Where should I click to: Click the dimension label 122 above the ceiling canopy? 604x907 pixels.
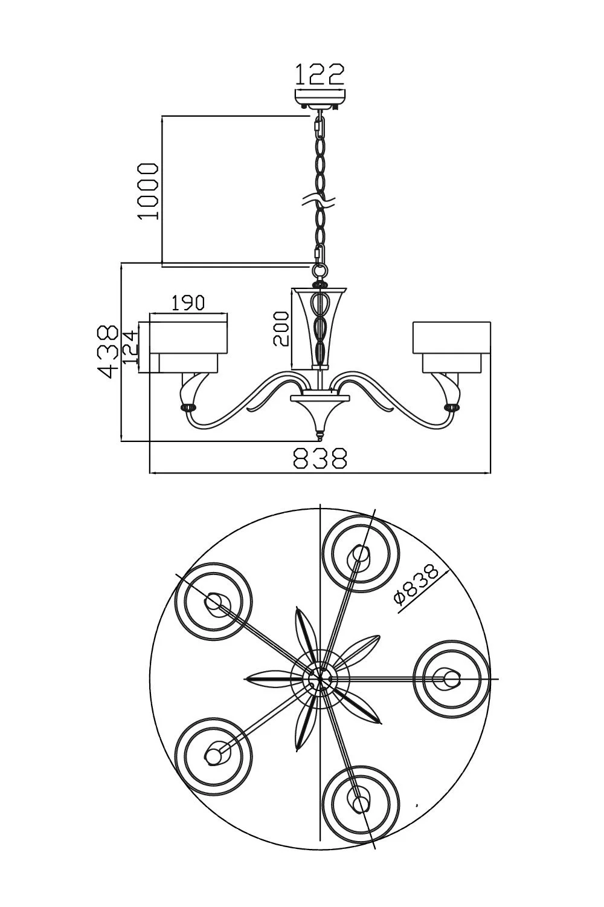pyautogui.click(x=319, y=74)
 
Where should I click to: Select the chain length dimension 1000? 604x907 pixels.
pyautogui.click(x=147, y=191)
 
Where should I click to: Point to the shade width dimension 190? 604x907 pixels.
pyautogui.click(x=188, y=303)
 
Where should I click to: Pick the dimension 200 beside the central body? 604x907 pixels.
pyautogui.click(x=281, y=328)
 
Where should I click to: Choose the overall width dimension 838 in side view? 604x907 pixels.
pyautogui.click(x=320, y=458)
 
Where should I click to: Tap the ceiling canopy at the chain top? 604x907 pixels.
pyautogui.click(x=320, y=98)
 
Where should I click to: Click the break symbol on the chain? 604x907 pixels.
pyautogui.click(x=320, y=201)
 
